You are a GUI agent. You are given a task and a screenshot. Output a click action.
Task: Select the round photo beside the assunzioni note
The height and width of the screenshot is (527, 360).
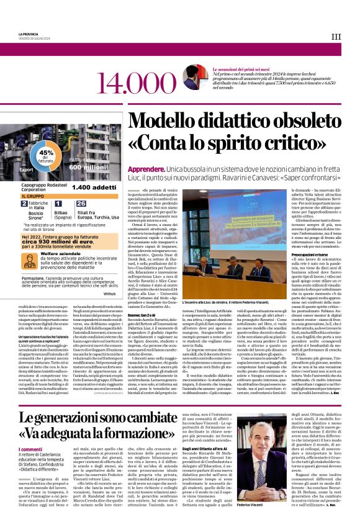(x=196, y=78)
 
